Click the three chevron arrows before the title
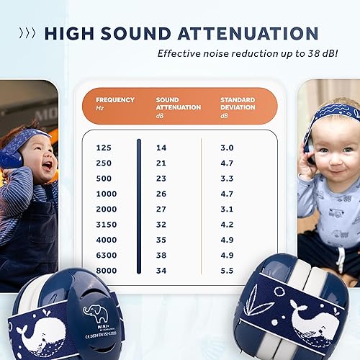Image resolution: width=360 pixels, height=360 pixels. coord(27,33)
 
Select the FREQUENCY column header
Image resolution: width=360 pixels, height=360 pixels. coord(116,100)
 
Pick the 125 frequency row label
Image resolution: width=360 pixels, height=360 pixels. coord(104,148)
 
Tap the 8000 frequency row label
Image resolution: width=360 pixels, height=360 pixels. coord(106,270)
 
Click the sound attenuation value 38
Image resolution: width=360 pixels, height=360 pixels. coord(162,255)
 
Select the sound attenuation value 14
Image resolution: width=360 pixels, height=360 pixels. coord(162,148)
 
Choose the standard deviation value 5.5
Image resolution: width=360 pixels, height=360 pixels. coord(227,270)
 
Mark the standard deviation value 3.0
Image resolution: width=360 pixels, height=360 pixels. coord(227,148)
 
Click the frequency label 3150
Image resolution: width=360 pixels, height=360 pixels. coord(106,224)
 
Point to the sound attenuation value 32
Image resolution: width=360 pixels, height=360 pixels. coord(162,224)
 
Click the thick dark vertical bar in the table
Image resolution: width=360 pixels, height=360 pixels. coord(139,208)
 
